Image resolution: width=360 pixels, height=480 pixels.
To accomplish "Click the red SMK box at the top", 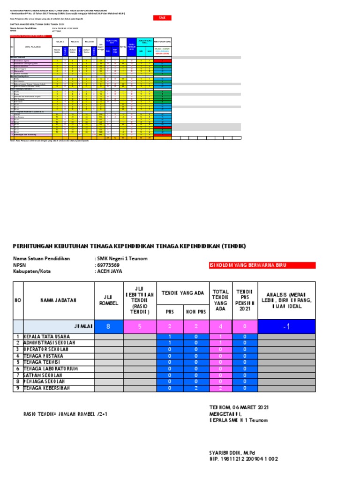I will (162, 18).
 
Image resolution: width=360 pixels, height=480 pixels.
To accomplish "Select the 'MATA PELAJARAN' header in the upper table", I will (31, 47).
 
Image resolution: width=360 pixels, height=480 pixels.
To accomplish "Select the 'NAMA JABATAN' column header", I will (58, 300).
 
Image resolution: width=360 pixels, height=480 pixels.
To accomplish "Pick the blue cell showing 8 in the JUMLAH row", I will (108, 326).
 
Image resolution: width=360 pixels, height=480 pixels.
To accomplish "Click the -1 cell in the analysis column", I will (286, 326).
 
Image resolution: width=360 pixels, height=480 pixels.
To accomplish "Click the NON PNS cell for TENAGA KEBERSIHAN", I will (197, 389).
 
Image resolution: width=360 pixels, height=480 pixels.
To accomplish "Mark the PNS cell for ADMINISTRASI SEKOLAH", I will (170, 343).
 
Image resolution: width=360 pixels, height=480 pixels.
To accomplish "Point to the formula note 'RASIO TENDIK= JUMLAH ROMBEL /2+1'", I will (68, 414).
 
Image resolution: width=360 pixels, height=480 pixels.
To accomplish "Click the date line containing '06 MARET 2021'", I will (239, 407).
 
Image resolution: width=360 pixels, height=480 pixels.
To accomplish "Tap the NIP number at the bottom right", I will (243, 459).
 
